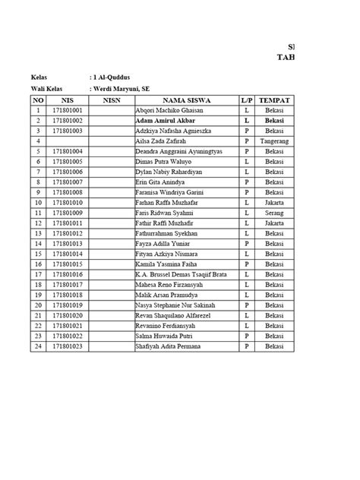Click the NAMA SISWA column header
[186, 100]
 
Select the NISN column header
[112, 100]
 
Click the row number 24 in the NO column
[37, 347]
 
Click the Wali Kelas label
[47, 89]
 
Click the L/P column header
[246, 100]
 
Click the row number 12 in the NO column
[37, 224]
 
